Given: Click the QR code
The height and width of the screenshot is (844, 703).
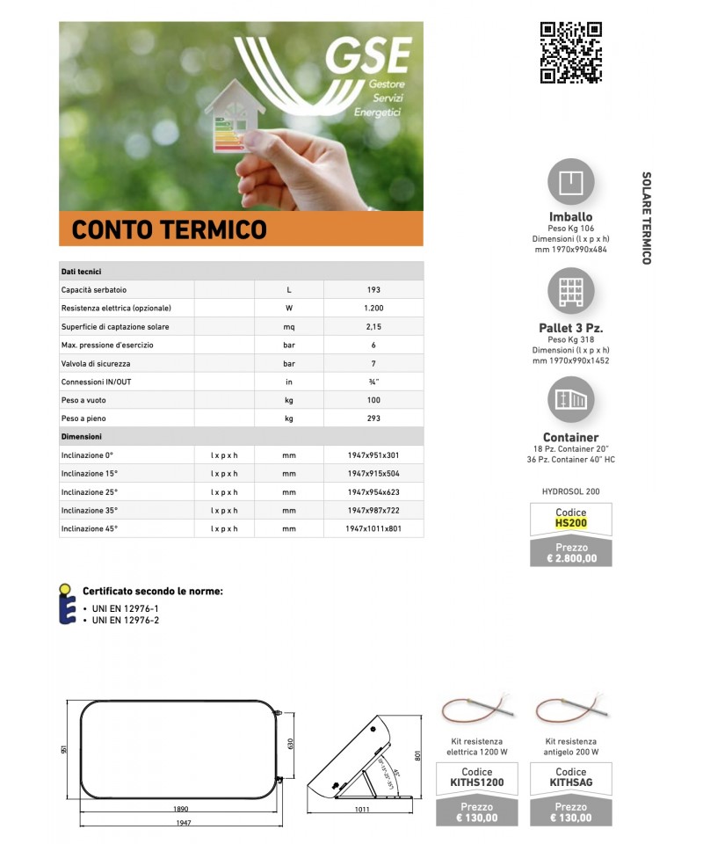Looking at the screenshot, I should (x=570, y=52).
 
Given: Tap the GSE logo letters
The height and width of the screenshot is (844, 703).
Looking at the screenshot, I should (x=368, y=57).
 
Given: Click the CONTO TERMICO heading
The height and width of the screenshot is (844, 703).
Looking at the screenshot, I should (x=170, y=229).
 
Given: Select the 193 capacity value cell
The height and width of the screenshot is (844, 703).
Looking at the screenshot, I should (x=373, y=290).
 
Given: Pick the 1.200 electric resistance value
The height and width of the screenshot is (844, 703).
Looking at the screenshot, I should (x=373, y=309).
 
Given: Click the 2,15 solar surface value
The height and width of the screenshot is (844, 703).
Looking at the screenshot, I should (x=373, y=327).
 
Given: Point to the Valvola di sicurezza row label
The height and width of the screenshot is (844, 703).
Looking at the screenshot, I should (x=96, y=364).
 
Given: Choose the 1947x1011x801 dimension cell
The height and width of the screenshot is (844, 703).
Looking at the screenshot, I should (x=373, y=529).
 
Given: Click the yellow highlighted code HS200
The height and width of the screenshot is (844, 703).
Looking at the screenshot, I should (x=571, y=523).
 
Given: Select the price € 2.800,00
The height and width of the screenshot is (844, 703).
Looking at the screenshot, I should (x=571, y=557).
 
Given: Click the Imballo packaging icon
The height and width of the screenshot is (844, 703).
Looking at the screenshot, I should (x=571, y=181).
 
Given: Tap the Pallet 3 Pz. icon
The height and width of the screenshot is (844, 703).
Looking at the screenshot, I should (x=571, y=291).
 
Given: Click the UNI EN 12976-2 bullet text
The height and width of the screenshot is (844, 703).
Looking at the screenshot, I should (x=126, y=620).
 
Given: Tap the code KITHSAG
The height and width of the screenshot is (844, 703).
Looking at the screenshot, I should (x=571, y=782).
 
